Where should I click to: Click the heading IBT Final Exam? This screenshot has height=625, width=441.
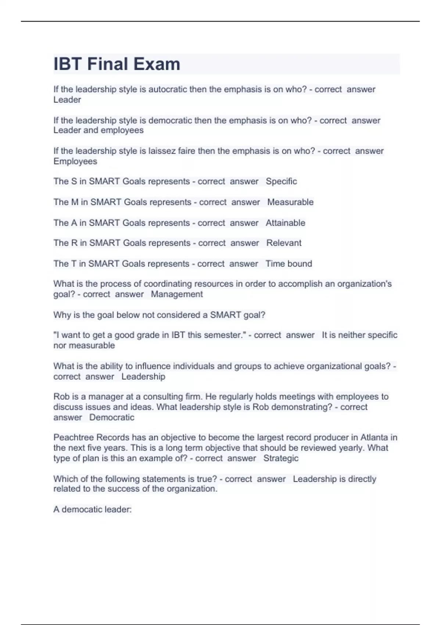click(x=117, y=64)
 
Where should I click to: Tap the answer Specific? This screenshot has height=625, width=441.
click(x=281, y=181)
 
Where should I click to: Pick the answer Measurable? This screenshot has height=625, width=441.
click(x=290, y=202)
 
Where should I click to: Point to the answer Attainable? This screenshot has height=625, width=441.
click(x=285, y=223)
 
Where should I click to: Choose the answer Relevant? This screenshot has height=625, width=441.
click(x=284, y=243)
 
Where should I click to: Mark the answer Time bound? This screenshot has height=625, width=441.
click(x=288, y=264)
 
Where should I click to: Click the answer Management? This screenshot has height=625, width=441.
click(x=177, y=294)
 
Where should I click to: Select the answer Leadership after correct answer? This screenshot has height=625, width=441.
click(x=143, y=376)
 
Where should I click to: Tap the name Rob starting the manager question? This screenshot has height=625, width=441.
click(x=61, y=397)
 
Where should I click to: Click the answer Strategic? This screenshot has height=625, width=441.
click(x=281, y=458)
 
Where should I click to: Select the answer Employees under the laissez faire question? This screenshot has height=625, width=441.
click(x=75, y=161)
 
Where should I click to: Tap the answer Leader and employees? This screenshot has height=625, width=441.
click(x=98, y=130)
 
